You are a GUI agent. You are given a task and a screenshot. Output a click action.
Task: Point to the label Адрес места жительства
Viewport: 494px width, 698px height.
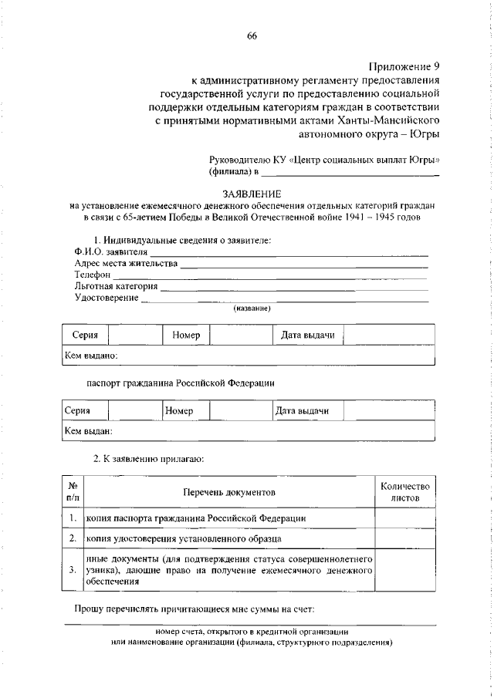click(125, 264)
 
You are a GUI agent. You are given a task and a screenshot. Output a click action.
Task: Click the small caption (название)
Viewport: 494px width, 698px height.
click(252, 309)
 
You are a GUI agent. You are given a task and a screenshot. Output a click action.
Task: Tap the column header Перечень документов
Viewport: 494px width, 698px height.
click(228, 491)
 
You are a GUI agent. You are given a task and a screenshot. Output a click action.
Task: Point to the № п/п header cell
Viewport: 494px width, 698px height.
click(71, 492)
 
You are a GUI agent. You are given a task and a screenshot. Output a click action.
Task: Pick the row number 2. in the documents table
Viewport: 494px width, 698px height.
click(71, 538)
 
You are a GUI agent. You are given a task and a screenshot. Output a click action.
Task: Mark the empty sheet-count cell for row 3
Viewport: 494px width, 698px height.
click(404, 570)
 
